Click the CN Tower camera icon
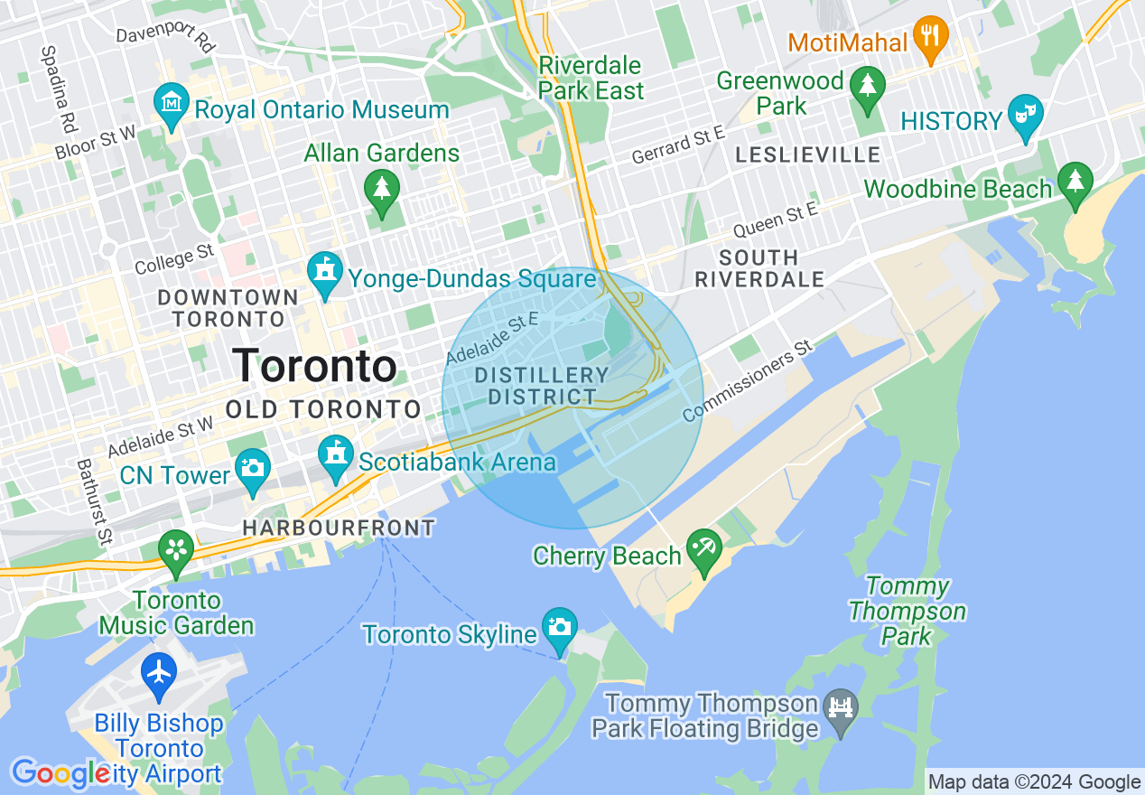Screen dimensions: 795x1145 [x=253, y=468]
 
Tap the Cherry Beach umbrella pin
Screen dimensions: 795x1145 [x=703, y=548]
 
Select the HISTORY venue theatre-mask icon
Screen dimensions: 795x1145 [x=1025, y=115]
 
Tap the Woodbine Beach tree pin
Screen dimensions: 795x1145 [x=1075, y=182]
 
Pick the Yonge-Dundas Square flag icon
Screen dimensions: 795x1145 [x=324, y=271]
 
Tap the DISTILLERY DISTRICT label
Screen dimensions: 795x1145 [x=542, y=386]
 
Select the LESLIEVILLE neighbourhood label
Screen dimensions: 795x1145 [x=807, y=155]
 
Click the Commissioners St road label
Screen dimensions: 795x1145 [x=748, y=381]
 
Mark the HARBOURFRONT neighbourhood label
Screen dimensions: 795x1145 [x=339, y=528]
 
